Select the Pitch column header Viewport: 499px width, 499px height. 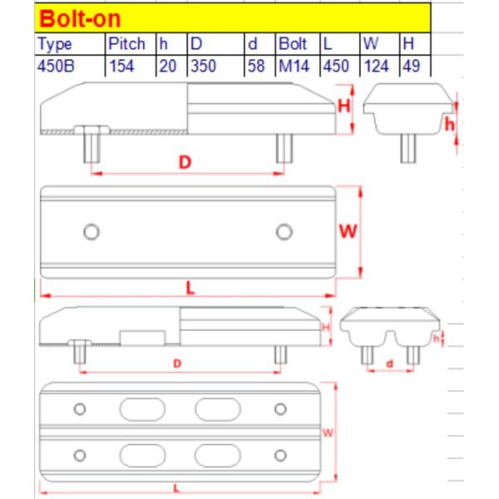[x=126, y=44]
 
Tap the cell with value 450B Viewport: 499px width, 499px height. [x=57, y=67]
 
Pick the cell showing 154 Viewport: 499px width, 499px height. [x=123, y=67]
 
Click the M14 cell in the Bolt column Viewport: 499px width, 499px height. [x=293, y=67]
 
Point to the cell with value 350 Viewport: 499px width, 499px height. [x=204, y=67]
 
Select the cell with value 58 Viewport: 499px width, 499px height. [x=256, y=67]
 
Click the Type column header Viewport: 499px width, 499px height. [x=56, y=44]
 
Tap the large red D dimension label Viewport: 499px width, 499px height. [x=186, y=163]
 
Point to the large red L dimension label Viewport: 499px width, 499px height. [x=190, y=288]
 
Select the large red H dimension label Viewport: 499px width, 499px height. [x=343, y=106]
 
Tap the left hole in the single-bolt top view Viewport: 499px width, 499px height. [x=91, y=230]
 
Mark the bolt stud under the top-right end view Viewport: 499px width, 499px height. [x=408, y=148]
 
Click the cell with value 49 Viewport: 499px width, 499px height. [x=409, y=67]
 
